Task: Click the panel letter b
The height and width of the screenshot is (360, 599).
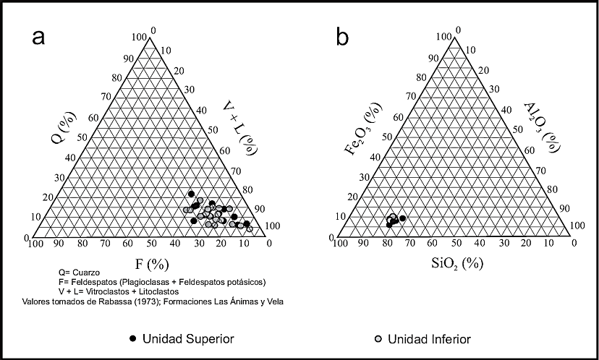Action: [344, 36]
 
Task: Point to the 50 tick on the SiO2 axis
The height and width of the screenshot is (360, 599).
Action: [456, 244]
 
